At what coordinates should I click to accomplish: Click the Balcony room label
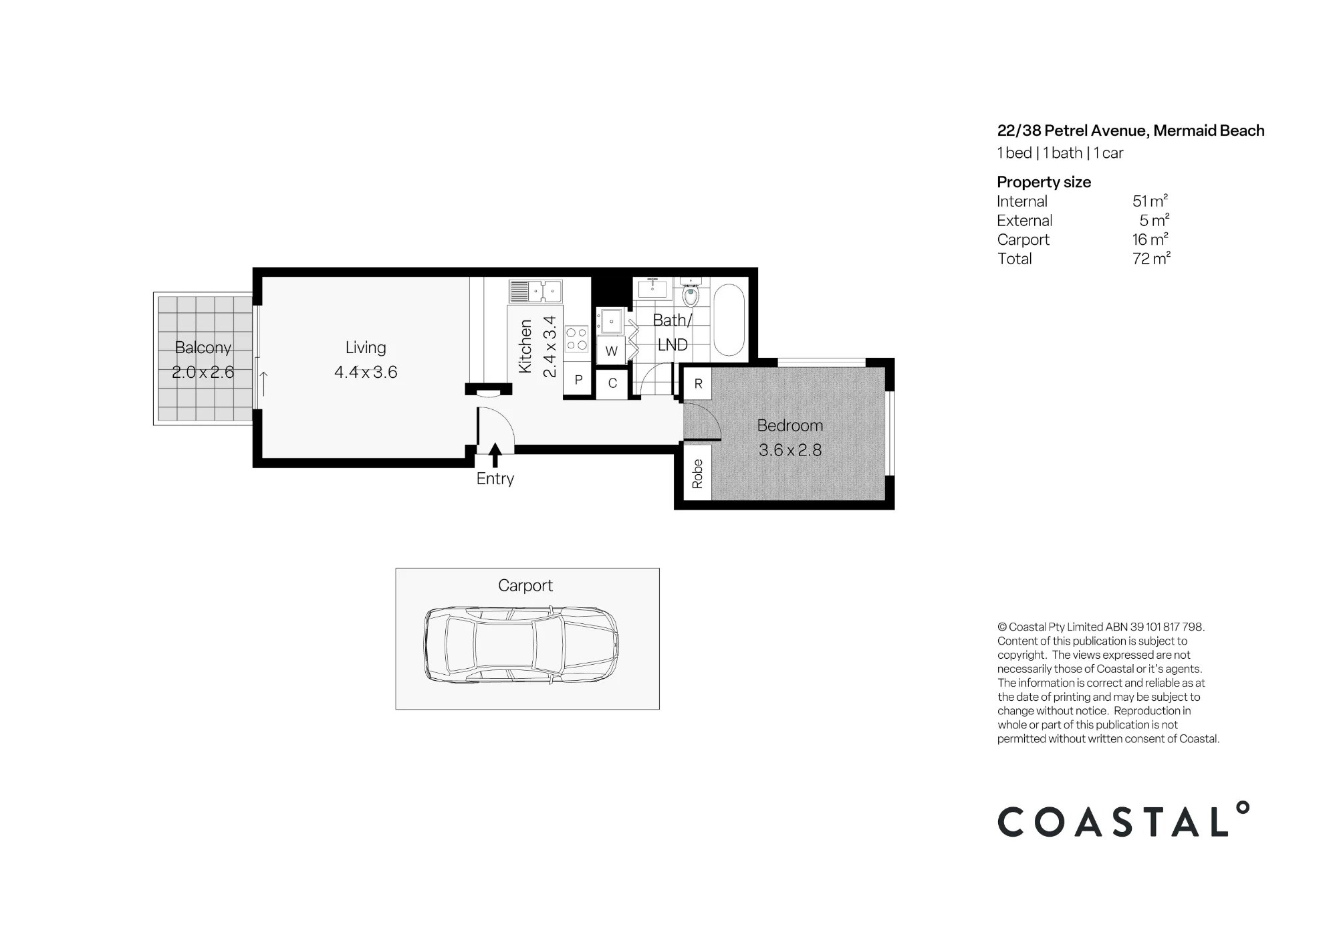203,348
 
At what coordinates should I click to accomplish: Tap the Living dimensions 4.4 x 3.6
366,373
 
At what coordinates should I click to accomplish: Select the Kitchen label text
525,346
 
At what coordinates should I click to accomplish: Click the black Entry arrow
495,455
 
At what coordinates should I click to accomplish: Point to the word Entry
495,479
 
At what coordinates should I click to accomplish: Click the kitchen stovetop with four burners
577,338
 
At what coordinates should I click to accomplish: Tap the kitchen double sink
536,292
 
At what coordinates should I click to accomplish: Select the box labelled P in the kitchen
578,380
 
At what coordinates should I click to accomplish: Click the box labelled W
611,351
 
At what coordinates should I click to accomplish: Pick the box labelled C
612,384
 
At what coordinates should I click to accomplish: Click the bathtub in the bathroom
729,320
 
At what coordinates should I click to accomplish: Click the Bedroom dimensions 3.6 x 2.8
790,450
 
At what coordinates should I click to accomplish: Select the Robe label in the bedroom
697,474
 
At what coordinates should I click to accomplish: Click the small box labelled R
698,384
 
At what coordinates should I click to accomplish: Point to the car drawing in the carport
521,645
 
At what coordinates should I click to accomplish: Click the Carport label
525,586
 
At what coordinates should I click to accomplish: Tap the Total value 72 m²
1151,258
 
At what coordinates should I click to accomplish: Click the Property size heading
1044,182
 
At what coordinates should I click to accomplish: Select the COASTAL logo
1123,820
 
